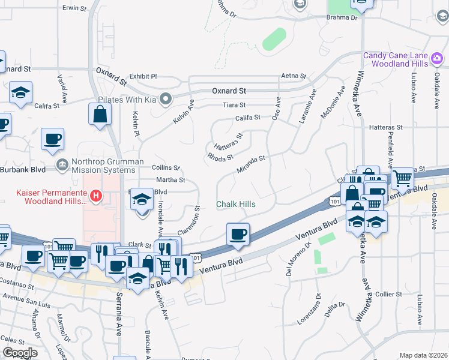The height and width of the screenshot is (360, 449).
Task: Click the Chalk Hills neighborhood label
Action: click(x=235, y=204)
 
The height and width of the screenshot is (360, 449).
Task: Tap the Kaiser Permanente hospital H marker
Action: click(x=94, y=195)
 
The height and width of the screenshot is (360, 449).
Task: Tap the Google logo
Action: click(x=19, y=353)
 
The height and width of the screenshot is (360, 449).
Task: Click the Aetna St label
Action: click(x=294, y=76)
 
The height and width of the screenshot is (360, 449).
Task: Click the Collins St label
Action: click(x=166, y=167)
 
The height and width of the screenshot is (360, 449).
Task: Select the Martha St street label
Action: click(x=170, y=179)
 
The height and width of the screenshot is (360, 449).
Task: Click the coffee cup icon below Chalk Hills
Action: click(x=238, y=233)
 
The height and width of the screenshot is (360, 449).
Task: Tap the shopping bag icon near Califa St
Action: click(x=100, y=113)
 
